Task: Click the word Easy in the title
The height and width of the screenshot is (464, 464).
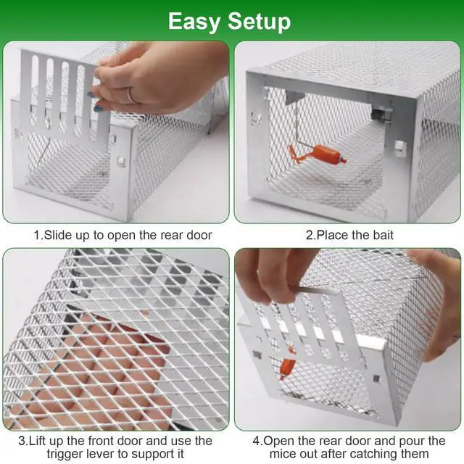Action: (x=194, y=21)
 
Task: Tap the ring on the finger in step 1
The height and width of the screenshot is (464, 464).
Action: (x=130, y=95)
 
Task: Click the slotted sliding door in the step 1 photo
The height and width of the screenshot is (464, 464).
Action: (x=65, y=94)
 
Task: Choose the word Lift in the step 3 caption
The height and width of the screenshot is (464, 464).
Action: (x=42, y=441)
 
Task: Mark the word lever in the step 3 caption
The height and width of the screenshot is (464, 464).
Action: (x=95, y=455)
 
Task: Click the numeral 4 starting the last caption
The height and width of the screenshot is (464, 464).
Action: (x=255, y=441)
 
